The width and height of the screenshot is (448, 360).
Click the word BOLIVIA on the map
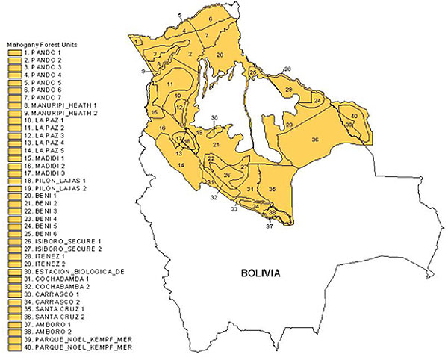(261, 273)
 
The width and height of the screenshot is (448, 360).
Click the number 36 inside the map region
(315, 140)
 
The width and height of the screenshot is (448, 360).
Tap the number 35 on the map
(273, 190)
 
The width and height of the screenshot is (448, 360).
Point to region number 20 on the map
(220, 55)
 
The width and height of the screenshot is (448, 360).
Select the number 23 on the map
(289, 125)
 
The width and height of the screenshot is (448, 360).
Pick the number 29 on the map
(289, 90)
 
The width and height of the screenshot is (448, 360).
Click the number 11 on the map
(170, 83)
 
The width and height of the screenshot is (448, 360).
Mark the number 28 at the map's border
(287, 69)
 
